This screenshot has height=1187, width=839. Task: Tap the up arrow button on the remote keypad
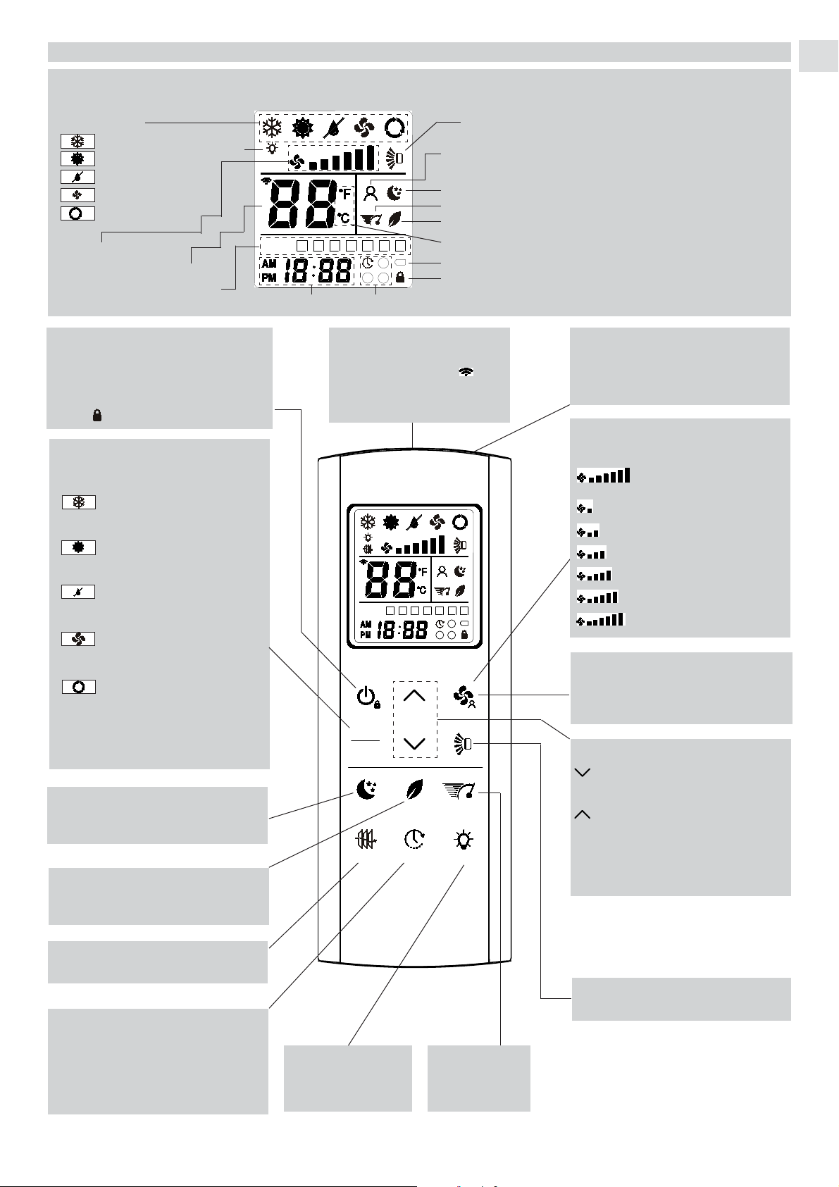click(x=414, y=695)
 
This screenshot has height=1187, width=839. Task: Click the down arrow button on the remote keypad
click(x=414, y=743)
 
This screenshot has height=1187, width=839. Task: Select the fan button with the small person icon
click(x=464, y=697)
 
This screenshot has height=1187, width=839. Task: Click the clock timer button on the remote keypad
click(x=414, y=840)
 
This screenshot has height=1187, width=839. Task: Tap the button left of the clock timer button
click(x=366, y=840)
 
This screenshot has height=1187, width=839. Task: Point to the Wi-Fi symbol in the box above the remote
click(x=466, y=372)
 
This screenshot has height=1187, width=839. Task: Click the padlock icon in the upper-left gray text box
click(x=97, y=416)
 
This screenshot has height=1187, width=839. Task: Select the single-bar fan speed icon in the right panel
click(x=585, y=508)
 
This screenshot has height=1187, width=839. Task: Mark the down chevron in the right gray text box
click(x=583, y=773)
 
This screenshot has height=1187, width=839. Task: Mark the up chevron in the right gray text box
click(x=583, y=814)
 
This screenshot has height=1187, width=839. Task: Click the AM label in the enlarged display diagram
click(x=269, y=264)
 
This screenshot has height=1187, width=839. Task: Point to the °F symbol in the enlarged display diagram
click(x=345, y=194)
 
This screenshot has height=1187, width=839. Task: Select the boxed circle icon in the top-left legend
click(x=78, y=213)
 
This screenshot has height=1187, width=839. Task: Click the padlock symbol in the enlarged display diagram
click(x=400, y=277)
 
